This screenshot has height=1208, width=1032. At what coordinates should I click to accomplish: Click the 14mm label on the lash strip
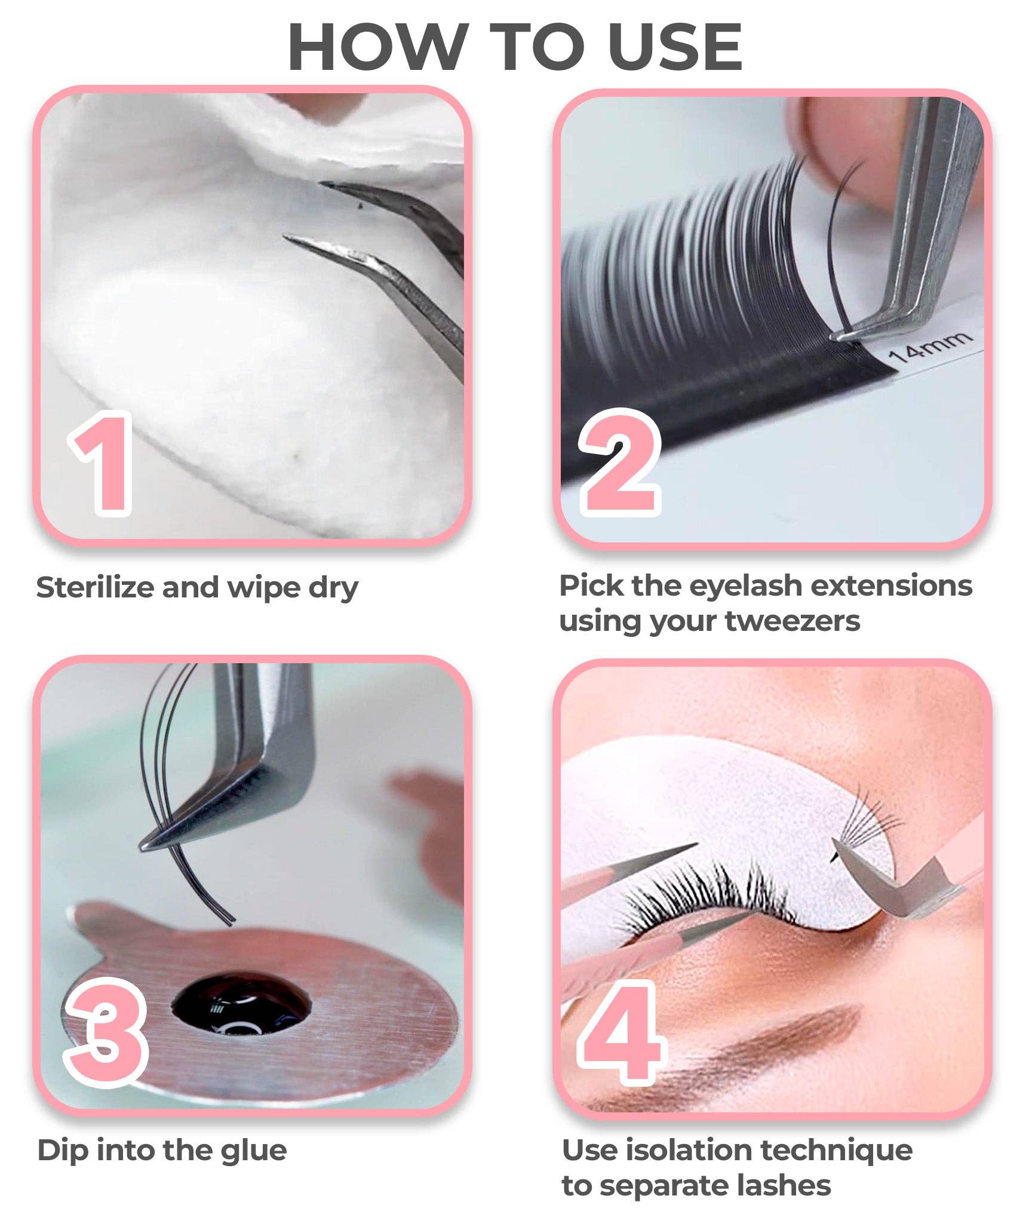(929, 348)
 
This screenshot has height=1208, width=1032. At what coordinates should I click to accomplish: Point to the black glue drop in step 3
(242, 1005)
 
